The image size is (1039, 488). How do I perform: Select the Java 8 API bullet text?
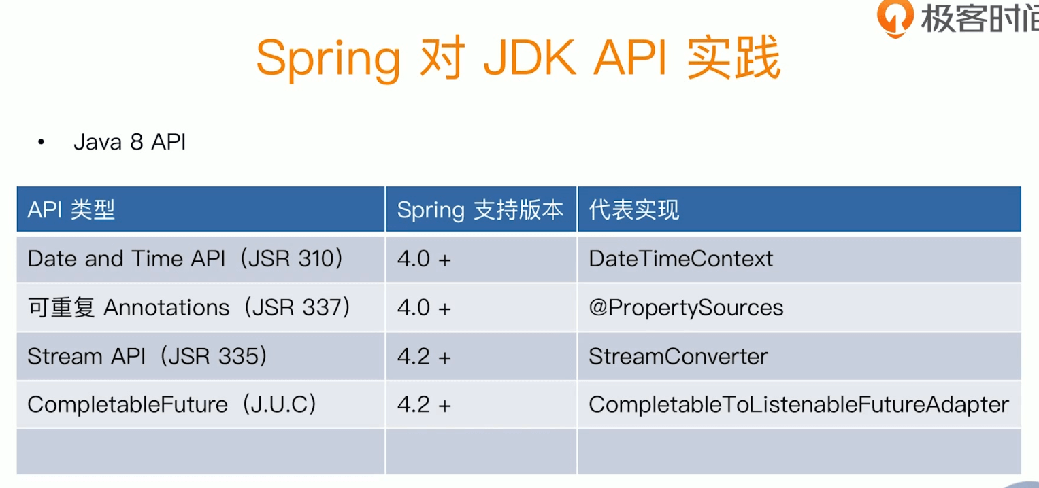click(x=130, y=142)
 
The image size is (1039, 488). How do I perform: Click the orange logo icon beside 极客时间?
click(x=895, y=18)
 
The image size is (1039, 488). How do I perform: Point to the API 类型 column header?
click(x=71, y=210)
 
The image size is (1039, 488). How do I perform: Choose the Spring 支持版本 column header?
click(x=480, y=210)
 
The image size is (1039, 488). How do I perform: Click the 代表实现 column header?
click(x=633, y=210)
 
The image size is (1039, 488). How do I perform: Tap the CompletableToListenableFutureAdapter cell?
click(x=798, y=404)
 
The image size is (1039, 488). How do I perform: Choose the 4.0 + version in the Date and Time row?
click(x=424, y=258)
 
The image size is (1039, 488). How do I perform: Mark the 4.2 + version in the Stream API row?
click(x=424, y=356)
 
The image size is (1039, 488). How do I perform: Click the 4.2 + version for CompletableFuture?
click(x=424, y=404)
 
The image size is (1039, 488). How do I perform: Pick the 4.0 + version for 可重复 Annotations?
click(x=424, y=308)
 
